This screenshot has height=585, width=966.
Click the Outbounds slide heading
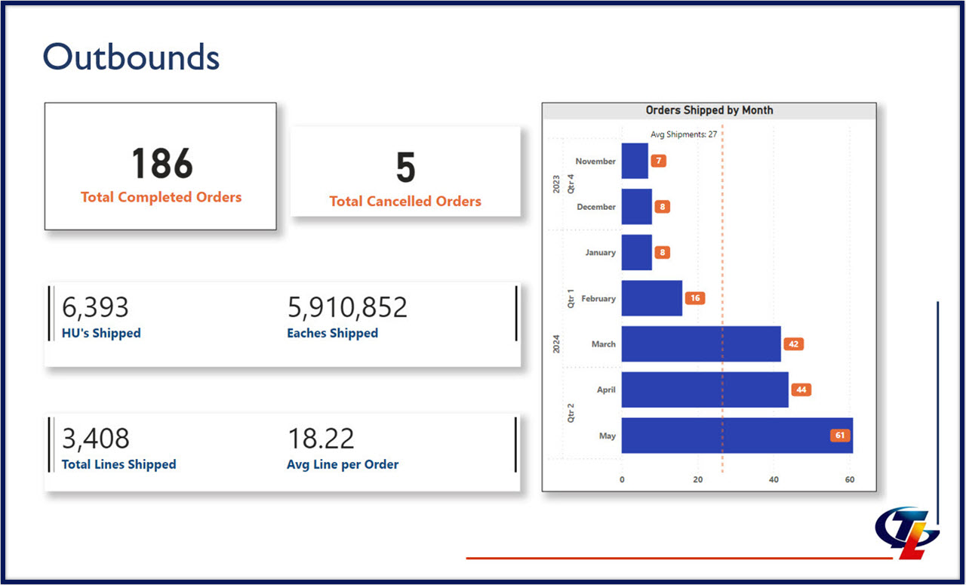131,57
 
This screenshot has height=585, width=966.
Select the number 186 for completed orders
162,164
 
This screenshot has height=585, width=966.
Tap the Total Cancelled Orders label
405,202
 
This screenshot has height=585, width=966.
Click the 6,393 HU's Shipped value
95,308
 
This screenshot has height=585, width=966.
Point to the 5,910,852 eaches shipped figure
347,308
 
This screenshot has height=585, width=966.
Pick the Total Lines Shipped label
118,464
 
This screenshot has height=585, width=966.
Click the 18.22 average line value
321,439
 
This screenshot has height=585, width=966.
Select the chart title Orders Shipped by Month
709,110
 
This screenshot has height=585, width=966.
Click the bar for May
736,436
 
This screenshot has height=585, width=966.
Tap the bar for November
635,161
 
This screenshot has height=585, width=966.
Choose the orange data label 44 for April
801,390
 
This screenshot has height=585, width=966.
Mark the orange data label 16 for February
694,298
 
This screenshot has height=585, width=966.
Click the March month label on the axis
603,344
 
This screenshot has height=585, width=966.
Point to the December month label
595,207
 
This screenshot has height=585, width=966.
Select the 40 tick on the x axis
774,479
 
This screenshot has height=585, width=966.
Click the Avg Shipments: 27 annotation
683,134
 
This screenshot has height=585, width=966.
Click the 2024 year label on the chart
556,344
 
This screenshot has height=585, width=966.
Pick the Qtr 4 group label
570,184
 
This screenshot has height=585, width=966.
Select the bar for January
636,252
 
